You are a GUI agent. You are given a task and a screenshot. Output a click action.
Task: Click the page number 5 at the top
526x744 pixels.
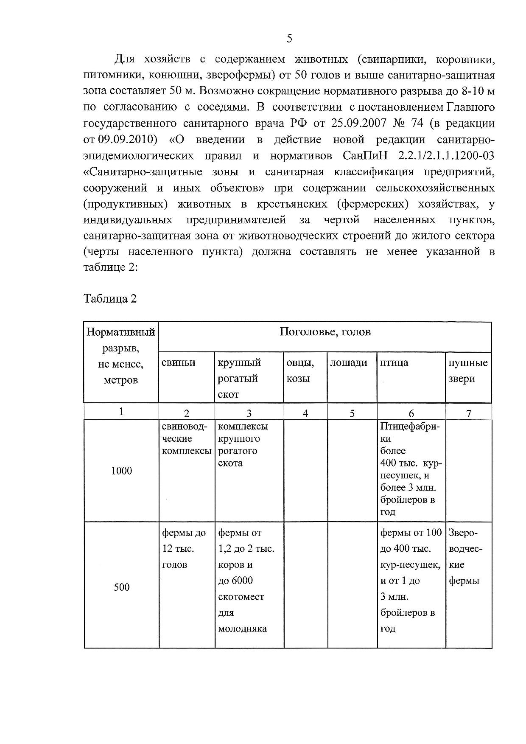tap(289, 39)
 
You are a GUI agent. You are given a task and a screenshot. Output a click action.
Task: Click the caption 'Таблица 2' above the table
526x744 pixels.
tap(110, 299)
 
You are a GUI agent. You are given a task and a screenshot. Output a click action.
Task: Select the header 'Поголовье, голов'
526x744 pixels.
tap(325, 332)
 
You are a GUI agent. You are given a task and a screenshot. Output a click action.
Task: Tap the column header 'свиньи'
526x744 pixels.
tap(179, 362)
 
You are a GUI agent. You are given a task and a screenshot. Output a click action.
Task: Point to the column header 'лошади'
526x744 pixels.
tap(349, 362)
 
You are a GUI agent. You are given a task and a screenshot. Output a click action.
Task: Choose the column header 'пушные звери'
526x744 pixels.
tap(468, 371)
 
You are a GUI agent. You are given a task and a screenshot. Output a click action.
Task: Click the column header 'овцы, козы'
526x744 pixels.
tap(300, 371)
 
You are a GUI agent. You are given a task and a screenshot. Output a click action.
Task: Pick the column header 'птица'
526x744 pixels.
tap(394, 362)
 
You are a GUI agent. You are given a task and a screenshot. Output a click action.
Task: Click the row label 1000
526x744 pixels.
tap(121, 471)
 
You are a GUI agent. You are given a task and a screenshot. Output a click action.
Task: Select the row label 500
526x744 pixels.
tap(121, 587)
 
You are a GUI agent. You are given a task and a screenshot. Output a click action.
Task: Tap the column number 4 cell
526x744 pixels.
tap(305, 413)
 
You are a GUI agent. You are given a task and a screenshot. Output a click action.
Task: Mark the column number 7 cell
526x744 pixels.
tap(468, 413)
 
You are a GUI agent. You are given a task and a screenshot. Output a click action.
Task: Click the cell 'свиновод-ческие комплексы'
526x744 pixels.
tap(186, 438)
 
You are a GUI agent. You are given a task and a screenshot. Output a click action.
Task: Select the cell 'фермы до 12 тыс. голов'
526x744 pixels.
tap(184, 548)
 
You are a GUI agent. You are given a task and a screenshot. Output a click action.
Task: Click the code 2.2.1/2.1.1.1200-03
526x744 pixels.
tap(446, 156)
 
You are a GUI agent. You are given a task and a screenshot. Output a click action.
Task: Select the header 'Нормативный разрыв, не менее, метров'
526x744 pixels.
tap(121, 356)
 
